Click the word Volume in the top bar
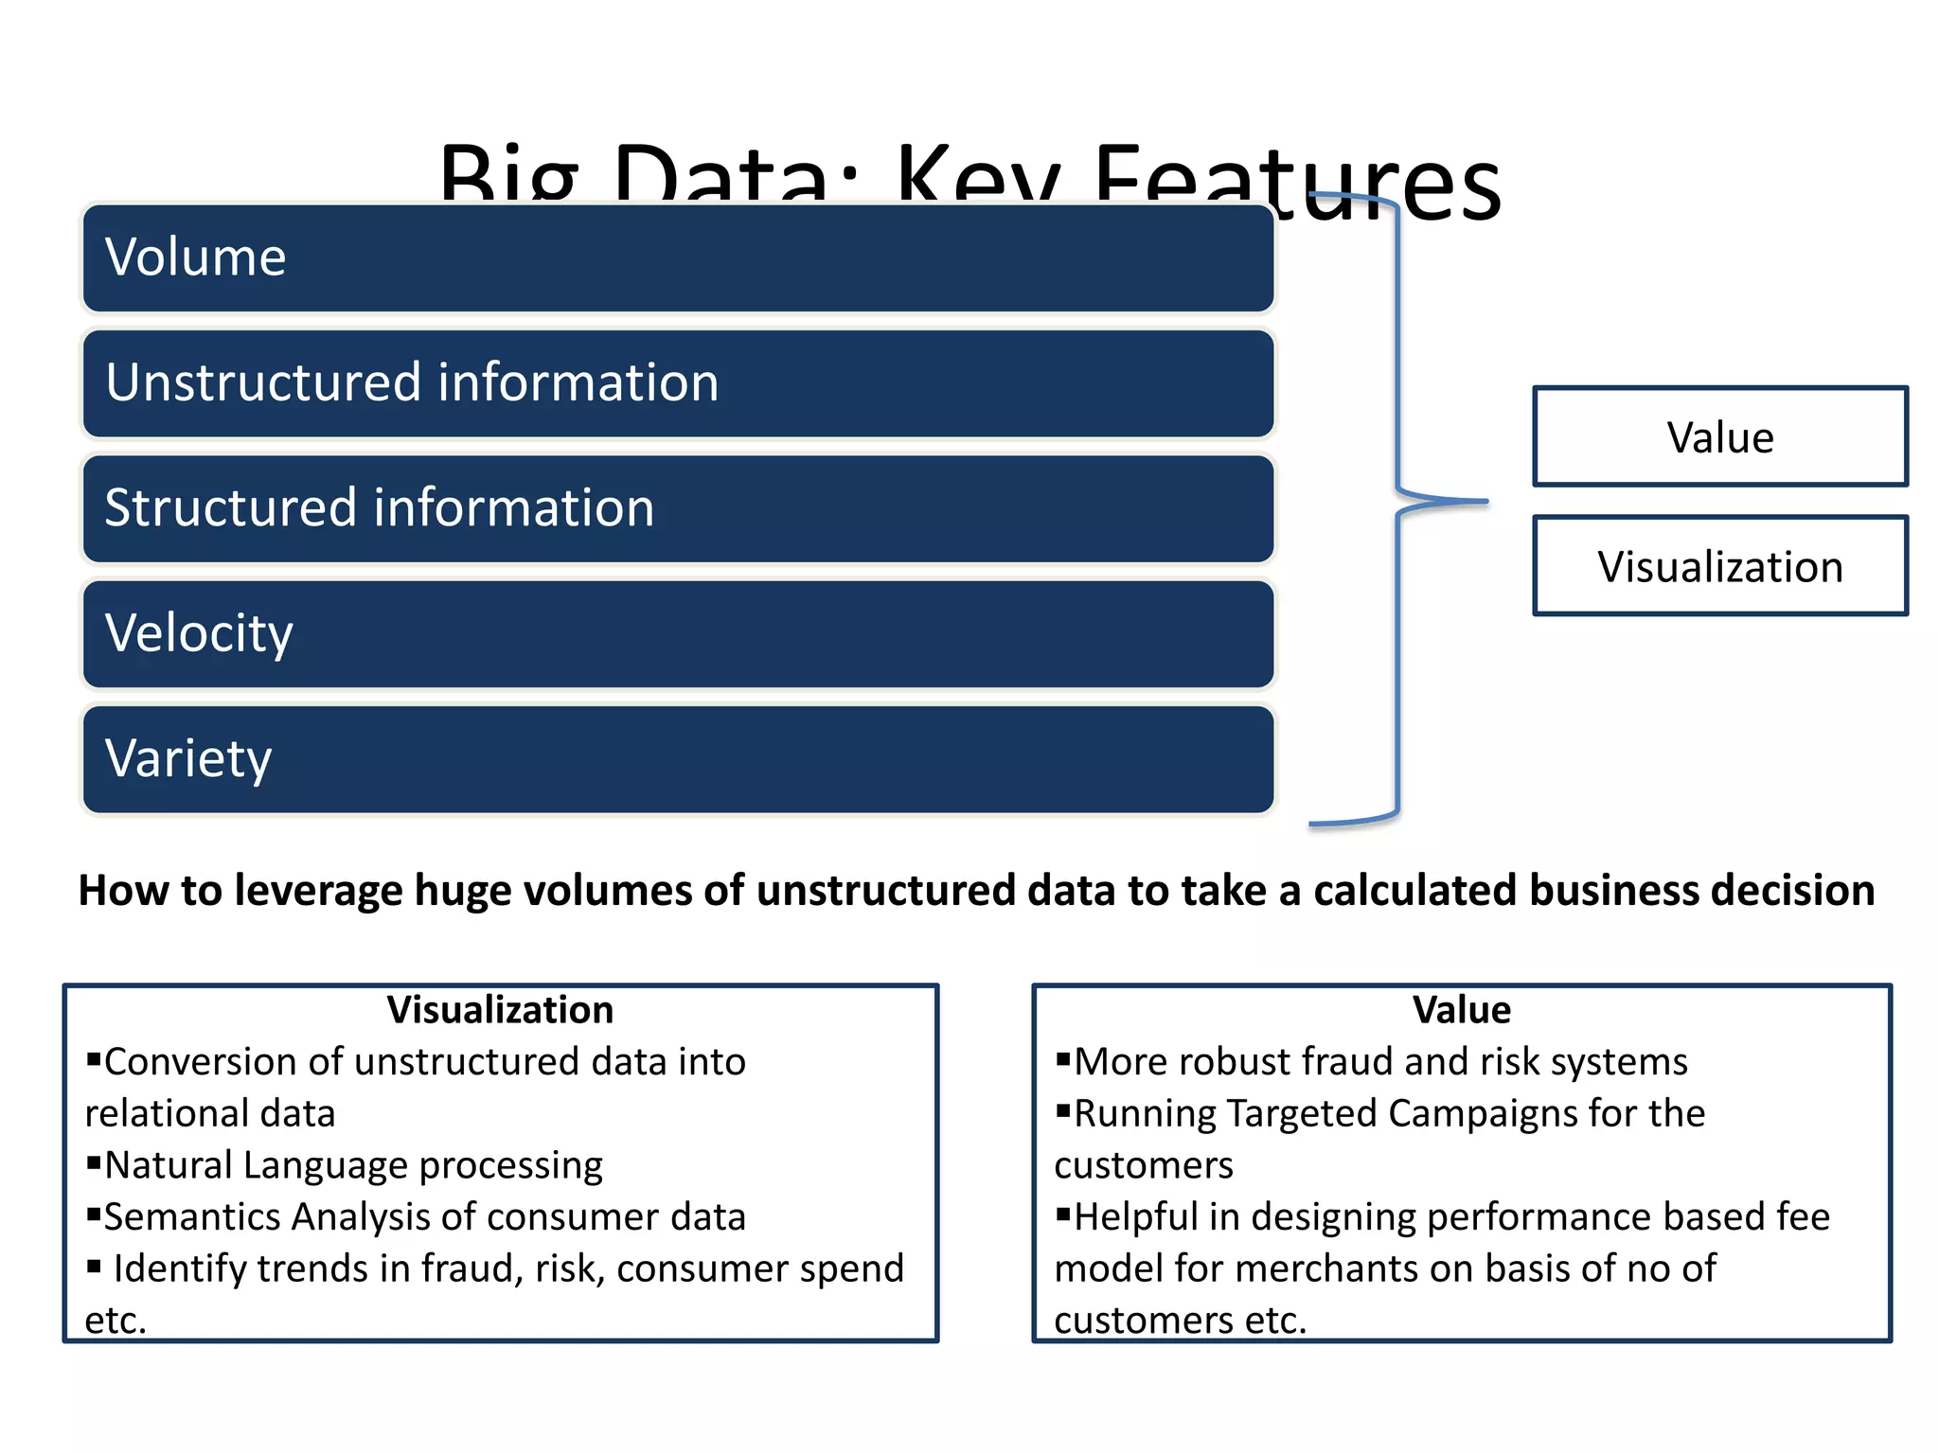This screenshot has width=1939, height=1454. coord(195,257)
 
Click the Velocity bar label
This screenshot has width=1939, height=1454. coord(199,633)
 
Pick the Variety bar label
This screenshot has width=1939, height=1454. coord(188,759)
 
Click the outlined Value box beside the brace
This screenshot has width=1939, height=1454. coord(1719,437)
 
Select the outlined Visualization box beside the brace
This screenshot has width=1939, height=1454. coord(1719,567)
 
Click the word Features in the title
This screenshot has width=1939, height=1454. coord(1297,180)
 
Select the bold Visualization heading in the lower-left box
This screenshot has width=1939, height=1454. coord(500,1010)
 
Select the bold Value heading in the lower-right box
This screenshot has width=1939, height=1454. coord(1461,1010)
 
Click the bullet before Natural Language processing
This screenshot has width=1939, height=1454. coord(94,1161)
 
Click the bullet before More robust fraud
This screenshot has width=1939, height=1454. coord(1063,1058)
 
